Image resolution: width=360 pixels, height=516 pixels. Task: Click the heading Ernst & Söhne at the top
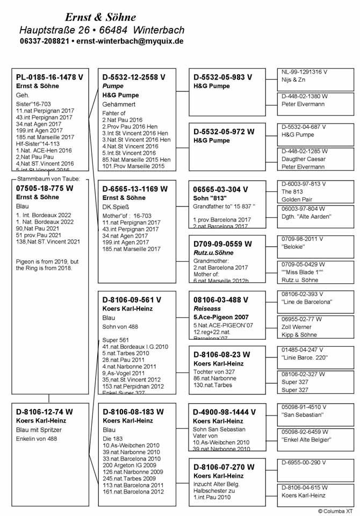(100, 17)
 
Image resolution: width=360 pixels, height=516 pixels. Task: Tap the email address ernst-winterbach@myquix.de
(129, 41)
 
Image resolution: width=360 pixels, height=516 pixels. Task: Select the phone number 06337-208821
(45, 41)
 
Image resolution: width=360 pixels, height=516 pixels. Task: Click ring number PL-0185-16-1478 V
(49, 77)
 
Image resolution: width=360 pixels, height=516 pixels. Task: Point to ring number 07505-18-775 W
(45, 188)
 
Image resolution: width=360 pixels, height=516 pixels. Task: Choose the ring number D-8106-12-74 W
(45, 412)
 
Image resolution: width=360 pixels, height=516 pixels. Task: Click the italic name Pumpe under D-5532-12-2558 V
(113, 87)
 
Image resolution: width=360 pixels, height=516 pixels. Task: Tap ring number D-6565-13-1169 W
(135, 189)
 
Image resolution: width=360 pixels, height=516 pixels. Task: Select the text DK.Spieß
(116, 207)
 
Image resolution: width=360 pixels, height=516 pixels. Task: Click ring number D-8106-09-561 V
(132, 300)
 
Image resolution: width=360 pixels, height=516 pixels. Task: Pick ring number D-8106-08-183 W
(133, 412)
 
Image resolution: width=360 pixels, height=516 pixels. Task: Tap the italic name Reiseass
(207, 309)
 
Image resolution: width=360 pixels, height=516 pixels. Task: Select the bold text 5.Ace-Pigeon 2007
(221, 317)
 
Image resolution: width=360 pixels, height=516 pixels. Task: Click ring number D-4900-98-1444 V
(225, 412)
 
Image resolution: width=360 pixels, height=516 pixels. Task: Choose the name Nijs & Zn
(293, 80)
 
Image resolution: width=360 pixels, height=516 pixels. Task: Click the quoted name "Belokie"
(293, 247)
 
